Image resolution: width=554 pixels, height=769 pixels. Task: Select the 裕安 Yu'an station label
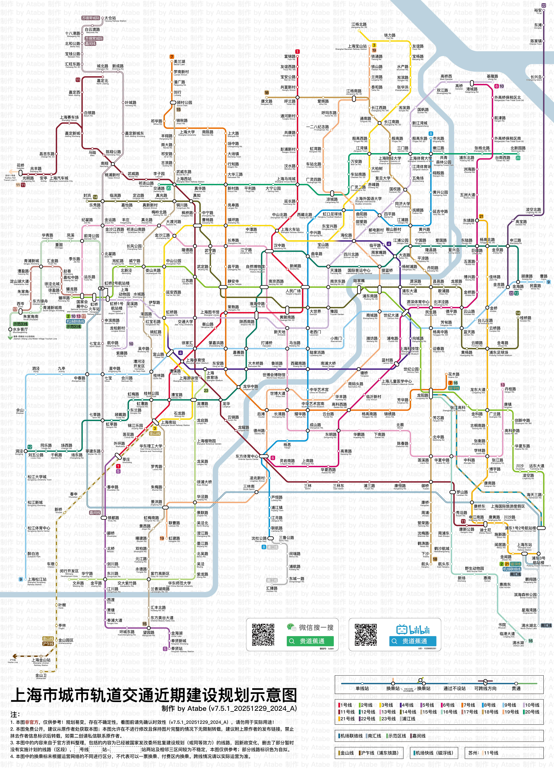coord(538,11)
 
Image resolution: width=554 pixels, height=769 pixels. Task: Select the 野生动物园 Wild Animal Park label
coord(474,569)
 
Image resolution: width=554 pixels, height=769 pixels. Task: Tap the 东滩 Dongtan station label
coord(538,25)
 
